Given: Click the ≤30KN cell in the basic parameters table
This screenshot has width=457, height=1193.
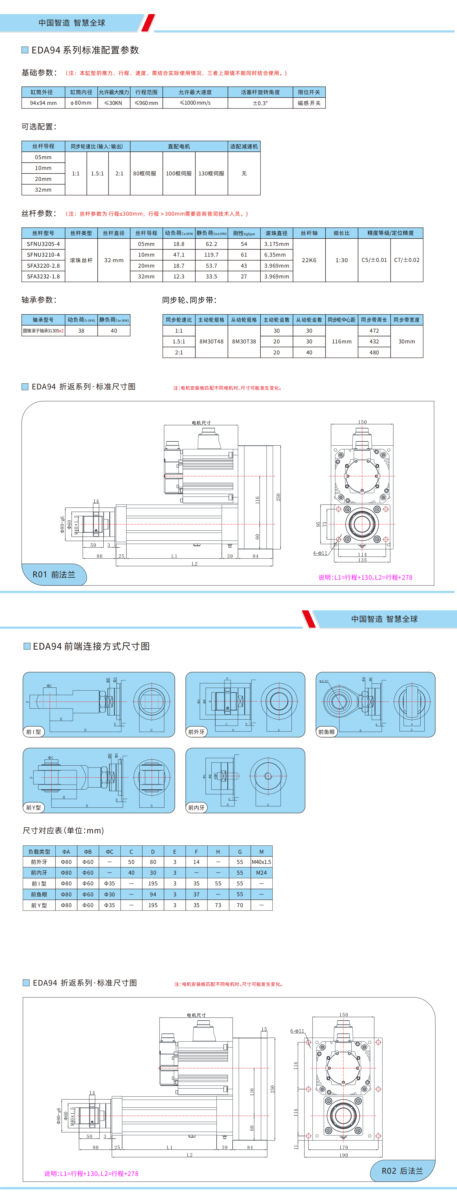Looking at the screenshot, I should [x=114, y=103].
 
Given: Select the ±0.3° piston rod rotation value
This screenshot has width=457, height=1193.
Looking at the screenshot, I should [x=260, y=103].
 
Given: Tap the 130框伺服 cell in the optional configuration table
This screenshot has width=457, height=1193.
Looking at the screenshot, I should [x=211, y=173].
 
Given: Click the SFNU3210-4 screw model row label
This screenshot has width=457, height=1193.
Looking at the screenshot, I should [x=43, y=255].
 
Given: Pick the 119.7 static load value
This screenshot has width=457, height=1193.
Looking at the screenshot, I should [x=211, y=255].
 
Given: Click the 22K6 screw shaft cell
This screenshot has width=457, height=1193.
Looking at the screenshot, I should [x=309, y=260].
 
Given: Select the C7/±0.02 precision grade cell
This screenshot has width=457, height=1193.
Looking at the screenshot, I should [x=407, y=260].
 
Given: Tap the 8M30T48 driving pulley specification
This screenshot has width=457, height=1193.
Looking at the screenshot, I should [x=211, y=341].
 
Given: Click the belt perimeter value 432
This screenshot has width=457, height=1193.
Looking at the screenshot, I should [x=374, y=341].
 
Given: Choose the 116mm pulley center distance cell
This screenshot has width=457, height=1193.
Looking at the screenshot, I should [x=342, y=341].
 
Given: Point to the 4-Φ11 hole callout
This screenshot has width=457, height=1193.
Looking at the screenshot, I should [x=320, y=553].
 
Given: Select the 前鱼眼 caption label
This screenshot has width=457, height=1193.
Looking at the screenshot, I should [x=326, y=732].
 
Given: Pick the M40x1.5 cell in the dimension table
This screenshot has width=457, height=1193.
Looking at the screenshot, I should [x=261, y=862].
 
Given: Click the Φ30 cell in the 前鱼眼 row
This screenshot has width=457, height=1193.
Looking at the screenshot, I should [x=109, y=894].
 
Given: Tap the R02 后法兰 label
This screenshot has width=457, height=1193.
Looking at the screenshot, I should [x=402, y=1171].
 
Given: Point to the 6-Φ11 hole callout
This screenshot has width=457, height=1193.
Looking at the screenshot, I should [x=297, y=1031].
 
